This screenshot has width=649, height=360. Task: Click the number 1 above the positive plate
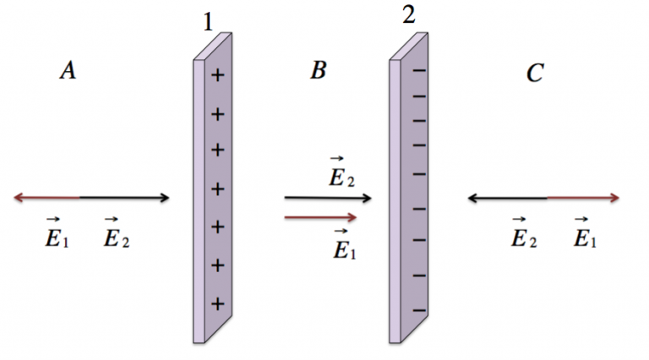click(x=209, y=22)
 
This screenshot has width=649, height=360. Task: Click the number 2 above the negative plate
click(x=408, y=15)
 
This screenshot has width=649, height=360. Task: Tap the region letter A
click(x=68, y=69)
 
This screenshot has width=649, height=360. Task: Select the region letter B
click(x=319, y=69)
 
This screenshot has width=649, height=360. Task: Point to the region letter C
click(x=535, y=74)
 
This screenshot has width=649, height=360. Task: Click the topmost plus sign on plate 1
click(x=218, y=75)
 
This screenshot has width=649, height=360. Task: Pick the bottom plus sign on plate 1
click(x=218, y=304)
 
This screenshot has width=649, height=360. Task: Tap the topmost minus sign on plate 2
click(x=419, y=71)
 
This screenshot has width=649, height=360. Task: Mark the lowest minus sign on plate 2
click(x=419, y=310)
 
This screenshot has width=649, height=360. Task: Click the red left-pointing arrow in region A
click(x=46, y=198)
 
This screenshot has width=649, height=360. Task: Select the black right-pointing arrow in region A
click(x=124, y=198)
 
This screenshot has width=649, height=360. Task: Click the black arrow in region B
click(x=328, y=198)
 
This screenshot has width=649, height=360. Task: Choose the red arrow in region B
click(x=320, y=217)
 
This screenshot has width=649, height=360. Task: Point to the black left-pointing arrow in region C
click(x=507, y=199)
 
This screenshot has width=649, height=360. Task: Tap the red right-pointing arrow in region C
click(x=583, y=199)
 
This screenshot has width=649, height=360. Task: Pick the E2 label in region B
click(x=341, y=172)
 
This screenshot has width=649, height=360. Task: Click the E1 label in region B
click(x=345, y=244)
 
